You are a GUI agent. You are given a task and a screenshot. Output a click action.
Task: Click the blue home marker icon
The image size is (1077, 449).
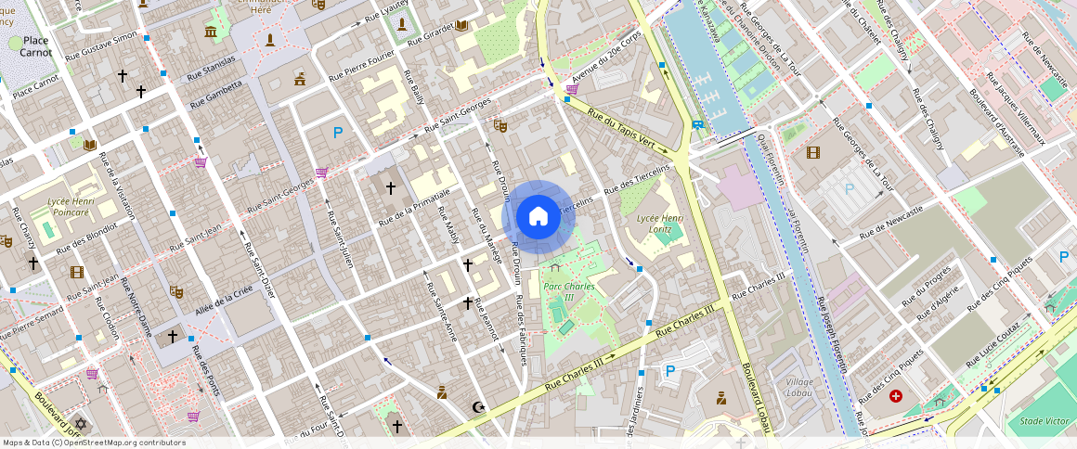pyautogui.click(x=538, y=216)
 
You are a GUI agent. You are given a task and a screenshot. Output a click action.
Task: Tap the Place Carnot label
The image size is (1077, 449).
pyautogui.click(x=36, y=46)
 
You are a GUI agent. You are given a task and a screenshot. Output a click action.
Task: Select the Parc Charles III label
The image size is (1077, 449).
pyautogui.click(x=568, y=292)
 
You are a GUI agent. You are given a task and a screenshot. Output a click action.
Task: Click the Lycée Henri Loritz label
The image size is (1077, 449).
pyautogui.click(x=661, y=224)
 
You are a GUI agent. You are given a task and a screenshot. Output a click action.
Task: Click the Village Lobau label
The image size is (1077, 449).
pyautogui.click(x=799, y=387)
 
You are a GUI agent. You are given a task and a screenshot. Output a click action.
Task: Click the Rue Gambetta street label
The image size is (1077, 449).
pyautogui.click(x=216, y=95)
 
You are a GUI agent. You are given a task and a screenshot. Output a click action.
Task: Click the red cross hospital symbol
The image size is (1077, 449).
pyautogui.click(x=895, y=396)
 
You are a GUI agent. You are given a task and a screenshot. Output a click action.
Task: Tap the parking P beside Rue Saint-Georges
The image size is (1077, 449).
pyautogui.click(x=338, y=133)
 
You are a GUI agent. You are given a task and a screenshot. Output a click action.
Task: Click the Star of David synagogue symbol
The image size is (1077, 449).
pyautogui.click(x=80, y=424)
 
